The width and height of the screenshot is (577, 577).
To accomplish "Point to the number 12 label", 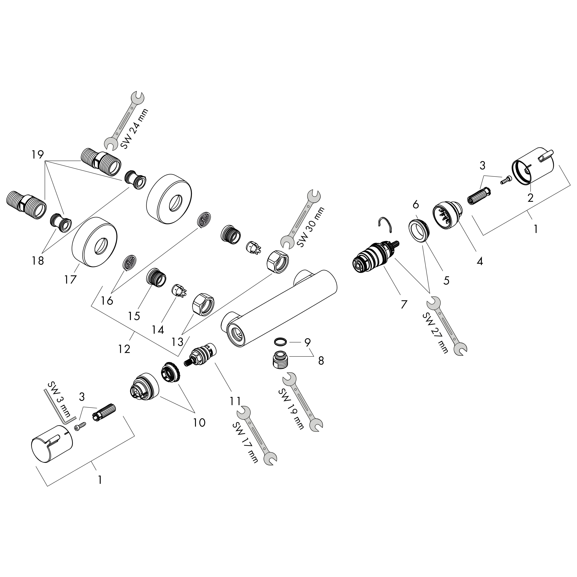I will (124, 349).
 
